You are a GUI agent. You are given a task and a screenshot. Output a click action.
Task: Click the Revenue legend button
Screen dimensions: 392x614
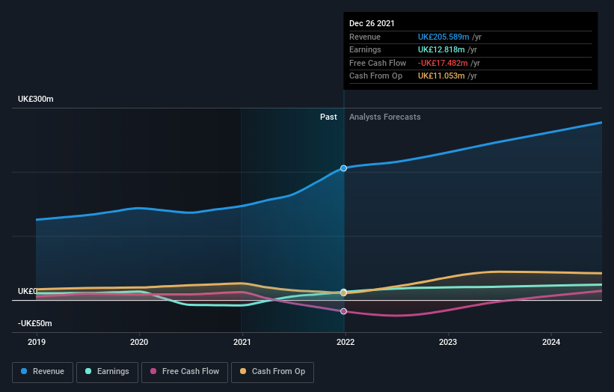coord(43,371)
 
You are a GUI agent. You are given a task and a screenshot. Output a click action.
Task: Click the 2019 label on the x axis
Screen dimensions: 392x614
coord(37,343)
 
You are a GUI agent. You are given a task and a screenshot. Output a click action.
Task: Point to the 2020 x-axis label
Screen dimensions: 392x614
coord(139,343)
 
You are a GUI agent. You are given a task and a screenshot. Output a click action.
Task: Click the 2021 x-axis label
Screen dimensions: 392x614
coord(242,343)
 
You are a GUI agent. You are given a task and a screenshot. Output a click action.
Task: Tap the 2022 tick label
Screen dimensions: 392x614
coord(345,343)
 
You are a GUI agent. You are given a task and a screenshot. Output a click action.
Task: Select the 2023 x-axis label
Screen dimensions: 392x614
coord(447,343)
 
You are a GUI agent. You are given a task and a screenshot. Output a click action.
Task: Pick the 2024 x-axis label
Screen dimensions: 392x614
coord(550,343)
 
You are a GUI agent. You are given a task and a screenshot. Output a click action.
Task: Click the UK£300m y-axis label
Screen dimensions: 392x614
coord(36,99)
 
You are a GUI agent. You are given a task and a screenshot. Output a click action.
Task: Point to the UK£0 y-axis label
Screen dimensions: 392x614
coord(28,291)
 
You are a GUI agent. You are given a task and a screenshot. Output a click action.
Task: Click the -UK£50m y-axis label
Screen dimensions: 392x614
coord(35,323)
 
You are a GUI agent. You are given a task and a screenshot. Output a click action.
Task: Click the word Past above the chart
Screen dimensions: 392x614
coord(328,117)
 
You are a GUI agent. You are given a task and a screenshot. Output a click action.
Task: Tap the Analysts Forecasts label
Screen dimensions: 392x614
coord(384,117)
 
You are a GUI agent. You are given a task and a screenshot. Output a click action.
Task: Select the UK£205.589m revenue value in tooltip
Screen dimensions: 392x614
coord(443,37)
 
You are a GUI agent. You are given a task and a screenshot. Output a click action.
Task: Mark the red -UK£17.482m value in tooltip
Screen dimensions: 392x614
coord(443,63)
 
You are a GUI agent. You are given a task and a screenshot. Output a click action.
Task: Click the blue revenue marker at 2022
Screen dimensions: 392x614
coord(344,168)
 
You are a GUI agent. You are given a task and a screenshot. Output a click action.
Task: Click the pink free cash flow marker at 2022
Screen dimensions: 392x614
coord(344,311)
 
